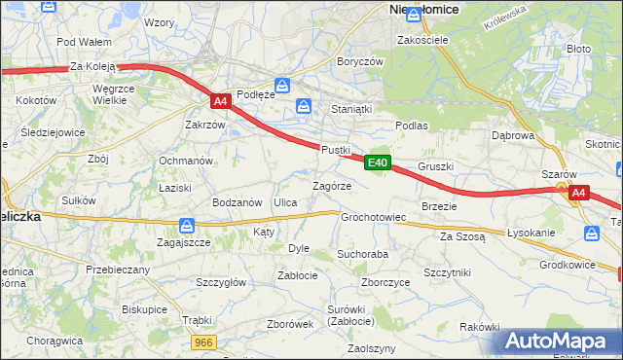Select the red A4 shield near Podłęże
tap(221, 100)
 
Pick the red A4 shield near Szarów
tap(578, 193)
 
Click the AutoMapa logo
tap(560, 342)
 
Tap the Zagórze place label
tap(331, 185)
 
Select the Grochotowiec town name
tap(373, 217)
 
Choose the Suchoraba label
tap(362, 254)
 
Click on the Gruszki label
tap(436, 166)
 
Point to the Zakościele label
tap(421, 41)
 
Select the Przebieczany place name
tap(118, 270)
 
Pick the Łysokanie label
tap(531, 234)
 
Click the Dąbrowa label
tap(516, 136)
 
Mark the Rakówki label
tap(479, 327)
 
